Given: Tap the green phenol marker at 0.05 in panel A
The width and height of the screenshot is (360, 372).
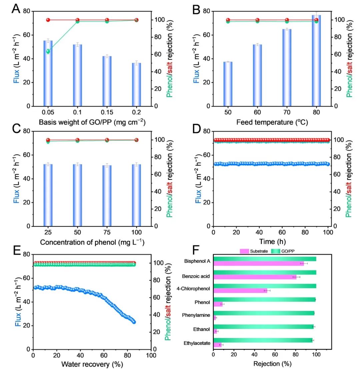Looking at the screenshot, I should tap(48, 51).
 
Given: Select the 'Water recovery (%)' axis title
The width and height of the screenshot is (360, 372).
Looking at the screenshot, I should tap(92, 364).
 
